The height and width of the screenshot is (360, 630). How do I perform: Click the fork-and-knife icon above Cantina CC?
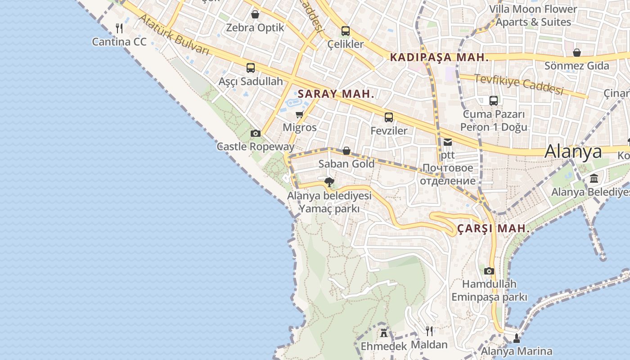click(x=119, y=28)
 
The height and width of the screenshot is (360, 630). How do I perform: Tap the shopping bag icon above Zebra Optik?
click(x=255, y=14)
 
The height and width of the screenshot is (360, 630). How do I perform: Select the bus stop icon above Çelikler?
click(x=346, y=31)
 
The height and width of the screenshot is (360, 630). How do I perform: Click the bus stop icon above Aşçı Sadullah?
click(x=251, y=68)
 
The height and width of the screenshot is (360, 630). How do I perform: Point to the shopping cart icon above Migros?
click(x=300, y=115)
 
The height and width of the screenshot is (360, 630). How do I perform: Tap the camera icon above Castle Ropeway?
click(x=256, y=133)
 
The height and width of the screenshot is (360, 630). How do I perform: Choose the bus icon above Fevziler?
click(x=389, y=117)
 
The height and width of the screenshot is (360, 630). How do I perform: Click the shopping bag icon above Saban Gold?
click(x=346, y=151)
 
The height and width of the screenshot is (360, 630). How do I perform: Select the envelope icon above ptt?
click(x=448, y=142)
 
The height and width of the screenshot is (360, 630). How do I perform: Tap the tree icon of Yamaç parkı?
click(x=329, y=182)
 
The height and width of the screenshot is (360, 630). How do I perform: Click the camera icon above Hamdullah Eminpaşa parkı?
click(x=489, y=271)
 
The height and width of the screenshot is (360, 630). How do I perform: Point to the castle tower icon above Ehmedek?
click(x=384, y=333)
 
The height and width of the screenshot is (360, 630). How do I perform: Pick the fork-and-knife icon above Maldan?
click(x=429, y=331)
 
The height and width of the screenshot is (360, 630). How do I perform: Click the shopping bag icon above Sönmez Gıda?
click(x=577, y=53)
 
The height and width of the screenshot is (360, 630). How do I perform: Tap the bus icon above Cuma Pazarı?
click(x=494, y=101)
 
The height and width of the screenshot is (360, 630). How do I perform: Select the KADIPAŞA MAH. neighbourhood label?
click(x=439, y=58)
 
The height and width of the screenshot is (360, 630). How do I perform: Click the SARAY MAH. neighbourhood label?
click(x=336, y=94)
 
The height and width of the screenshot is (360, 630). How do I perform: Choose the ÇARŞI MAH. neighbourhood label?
click(x=494, y=229)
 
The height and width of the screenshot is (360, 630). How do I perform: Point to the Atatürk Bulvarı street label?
click(x=174, y=35)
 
